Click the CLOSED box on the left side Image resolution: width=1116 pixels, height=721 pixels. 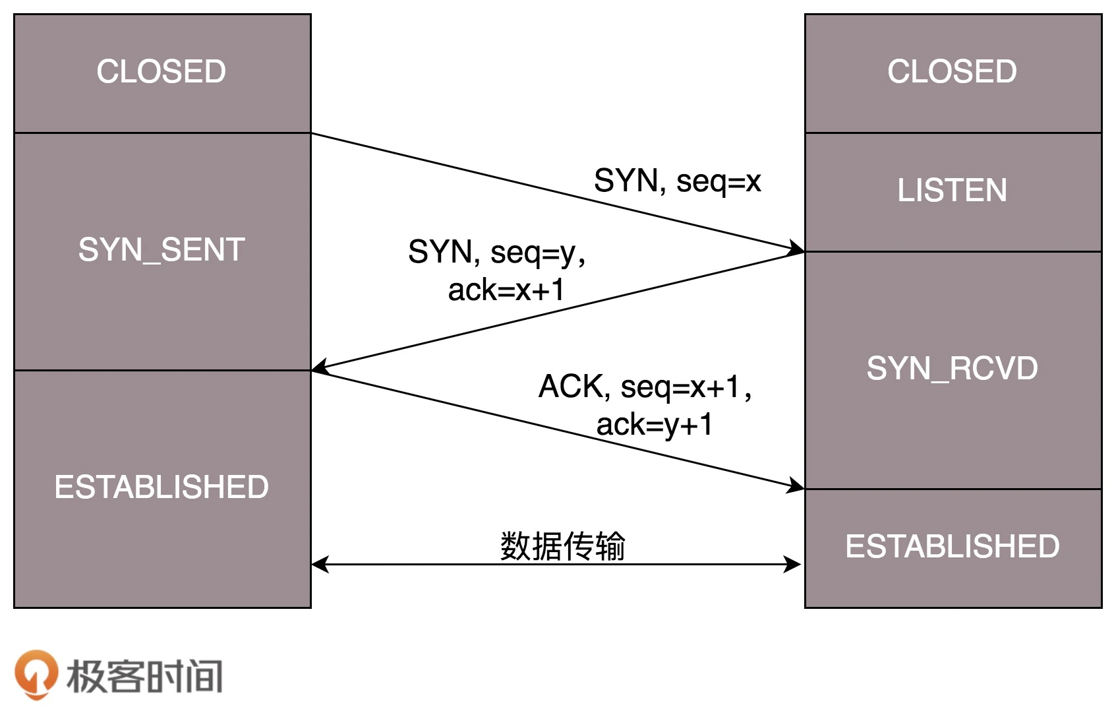click(x=162, y=72)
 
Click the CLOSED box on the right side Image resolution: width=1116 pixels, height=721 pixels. click(x=952, y=72)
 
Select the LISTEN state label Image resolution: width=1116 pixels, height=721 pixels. click(x=952, y=191)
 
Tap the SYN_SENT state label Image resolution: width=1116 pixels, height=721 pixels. click(x=162, y=250)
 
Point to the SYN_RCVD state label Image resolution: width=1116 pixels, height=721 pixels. click(x=952, y=368)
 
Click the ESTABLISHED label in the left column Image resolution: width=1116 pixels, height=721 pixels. click(x=162, y=487)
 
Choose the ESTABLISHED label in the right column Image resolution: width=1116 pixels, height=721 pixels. click(x=952, y=547)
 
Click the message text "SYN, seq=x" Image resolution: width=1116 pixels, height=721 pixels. click(x=677, y=181)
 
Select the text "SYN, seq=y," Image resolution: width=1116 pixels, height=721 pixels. click(x=496, y=252)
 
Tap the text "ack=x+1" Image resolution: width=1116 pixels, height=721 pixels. click(x=506, y=290)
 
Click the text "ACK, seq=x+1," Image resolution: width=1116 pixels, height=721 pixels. click(x=645, y=387)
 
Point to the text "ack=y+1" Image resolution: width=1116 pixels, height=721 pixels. click(x=654, y=425)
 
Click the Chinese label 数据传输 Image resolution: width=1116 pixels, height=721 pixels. click(x=562, y=546)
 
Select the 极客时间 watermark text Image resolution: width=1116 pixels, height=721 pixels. click(x=144, y=676)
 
